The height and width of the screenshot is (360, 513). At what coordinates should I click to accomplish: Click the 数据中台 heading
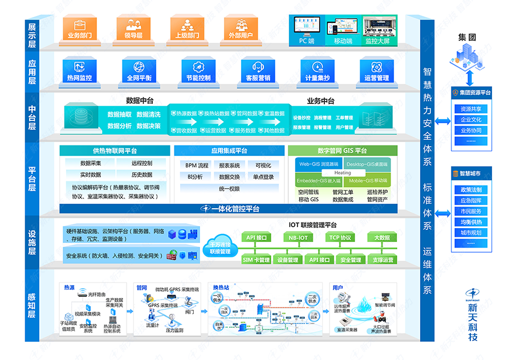139,101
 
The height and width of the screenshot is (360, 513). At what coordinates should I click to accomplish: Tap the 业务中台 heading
320,101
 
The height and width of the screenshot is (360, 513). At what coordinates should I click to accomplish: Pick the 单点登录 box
263,177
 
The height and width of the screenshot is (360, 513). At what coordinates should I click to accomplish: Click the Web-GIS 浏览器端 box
315,164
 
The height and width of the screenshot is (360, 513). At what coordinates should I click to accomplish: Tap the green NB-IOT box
298,237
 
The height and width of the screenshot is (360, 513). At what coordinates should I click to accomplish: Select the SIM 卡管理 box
256,260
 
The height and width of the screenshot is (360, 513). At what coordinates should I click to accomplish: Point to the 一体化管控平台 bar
235,209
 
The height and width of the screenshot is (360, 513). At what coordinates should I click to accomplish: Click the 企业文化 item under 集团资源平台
470,120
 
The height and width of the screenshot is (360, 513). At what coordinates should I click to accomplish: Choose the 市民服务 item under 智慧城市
470,211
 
